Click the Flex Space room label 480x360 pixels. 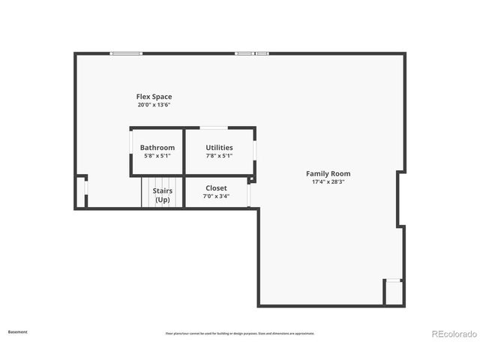click(154, 97)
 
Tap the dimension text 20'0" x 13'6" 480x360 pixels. click(154, 105)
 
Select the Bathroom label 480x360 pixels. click(157, 148)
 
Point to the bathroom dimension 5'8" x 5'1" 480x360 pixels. click(157, 156)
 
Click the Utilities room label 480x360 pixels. click(219, 148)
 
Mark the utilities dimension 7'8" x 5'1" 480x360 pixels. click(219, 156)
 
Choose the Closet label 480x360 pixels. click(216, 188)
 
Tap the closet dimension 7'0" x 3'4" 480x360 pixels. click(216, 196)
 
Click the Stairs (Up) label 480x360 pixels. click(163, 195)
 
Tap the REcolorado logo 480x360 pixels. click(452, 334)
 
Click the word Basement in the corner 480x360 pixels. click(17, 331)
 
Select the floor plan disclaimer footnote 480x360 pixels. click(240, 334)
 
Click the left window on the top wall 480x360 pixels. click(126, 53)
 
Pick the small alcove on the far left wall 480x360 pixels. click(81, 192)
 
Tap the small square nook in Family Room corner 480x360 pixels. click(394, 292)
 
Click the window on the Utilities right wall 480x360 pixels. click(255, 150)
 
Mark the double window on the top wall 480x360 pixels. click(252, 53)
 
